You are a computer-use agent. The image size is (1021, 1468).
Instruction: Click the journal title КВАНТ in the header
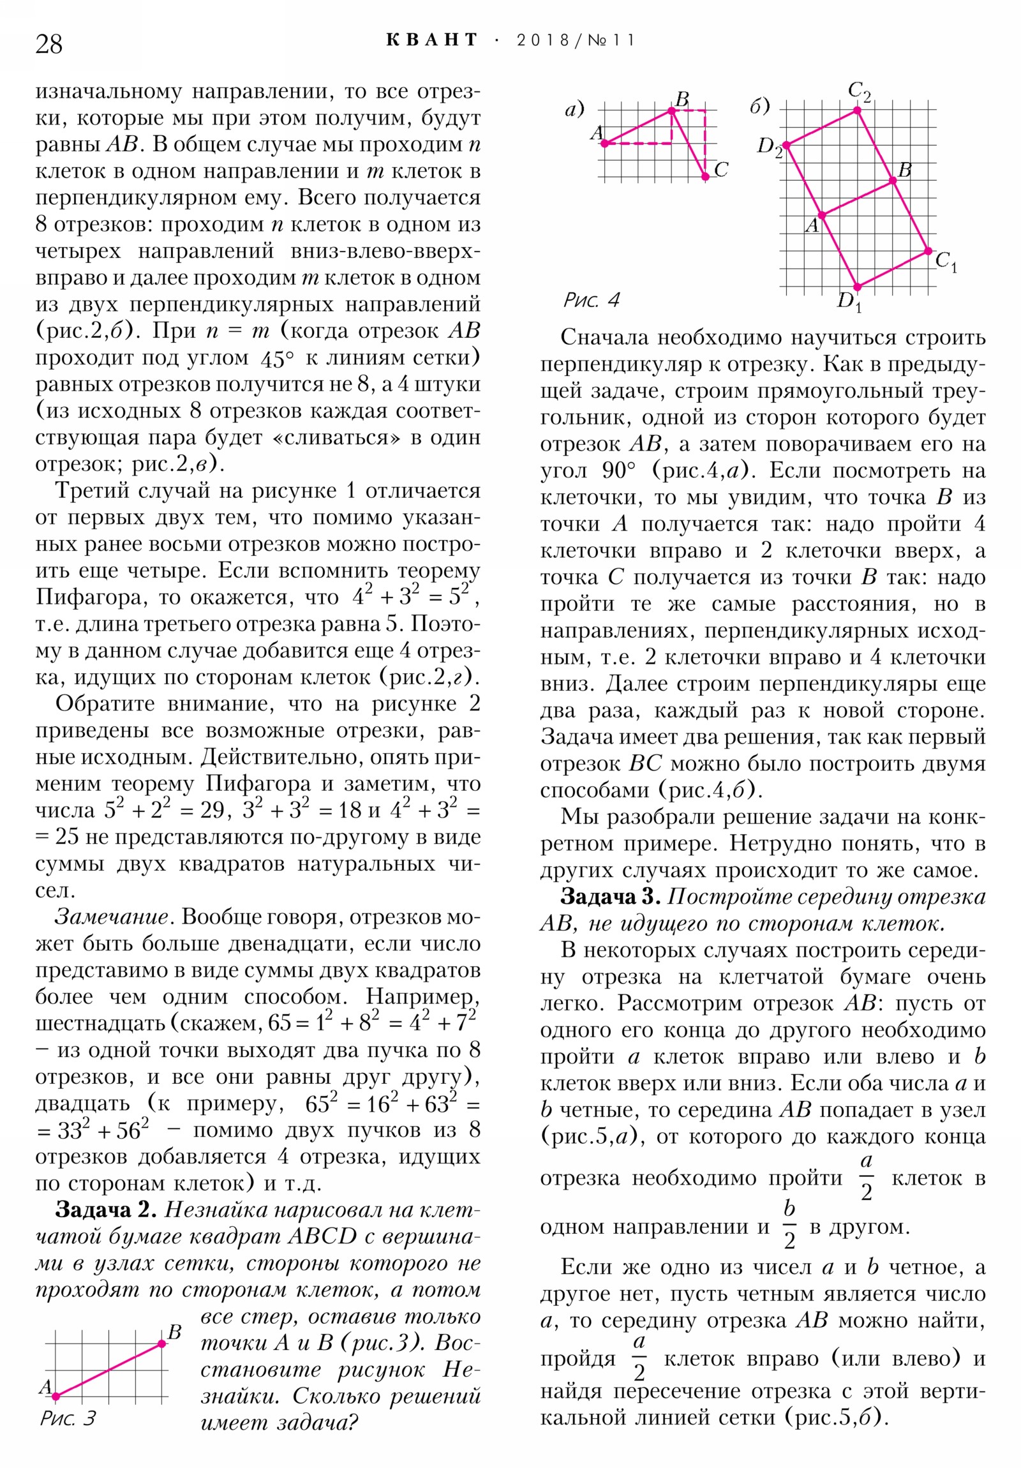pyautogui.click(x=432, y=40)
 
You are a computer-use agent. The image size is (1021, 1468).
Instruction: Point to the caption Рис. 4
pyautogui.click(x=592, y=300)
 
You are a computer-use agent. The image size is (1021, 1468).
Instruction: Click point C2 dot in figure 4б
pyautogui.click(x=858, y=110)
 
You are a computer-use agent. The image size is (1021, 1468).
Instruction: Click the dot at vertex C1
pyautogui.click(x=928, y=252)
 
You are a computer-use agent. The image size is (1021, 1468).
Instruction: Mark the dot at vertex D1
pyautogui.click(x=858, y=287)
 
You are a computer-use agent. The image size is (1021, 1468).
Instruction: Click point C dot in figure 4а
pyautogui.click(x=705, y=177)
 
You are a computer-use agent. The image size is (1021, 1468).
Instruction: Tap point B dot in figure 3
pyautogui.click(x=161, y=1344)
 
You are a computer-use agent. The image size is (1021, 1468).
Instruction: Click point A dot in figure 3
pyautogui.click(x=56, y=1397)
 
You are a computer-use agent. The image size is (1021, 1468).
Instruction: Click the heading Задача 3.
pyautogui.click(x=610, y=897)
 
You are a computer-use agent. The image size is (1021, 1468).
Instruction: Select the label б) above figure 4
pyautogui.click(x=759, y=106)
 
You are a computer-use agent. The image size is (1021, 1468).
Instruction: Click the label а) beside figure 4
pyautogui.click(x=574, y=110)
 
